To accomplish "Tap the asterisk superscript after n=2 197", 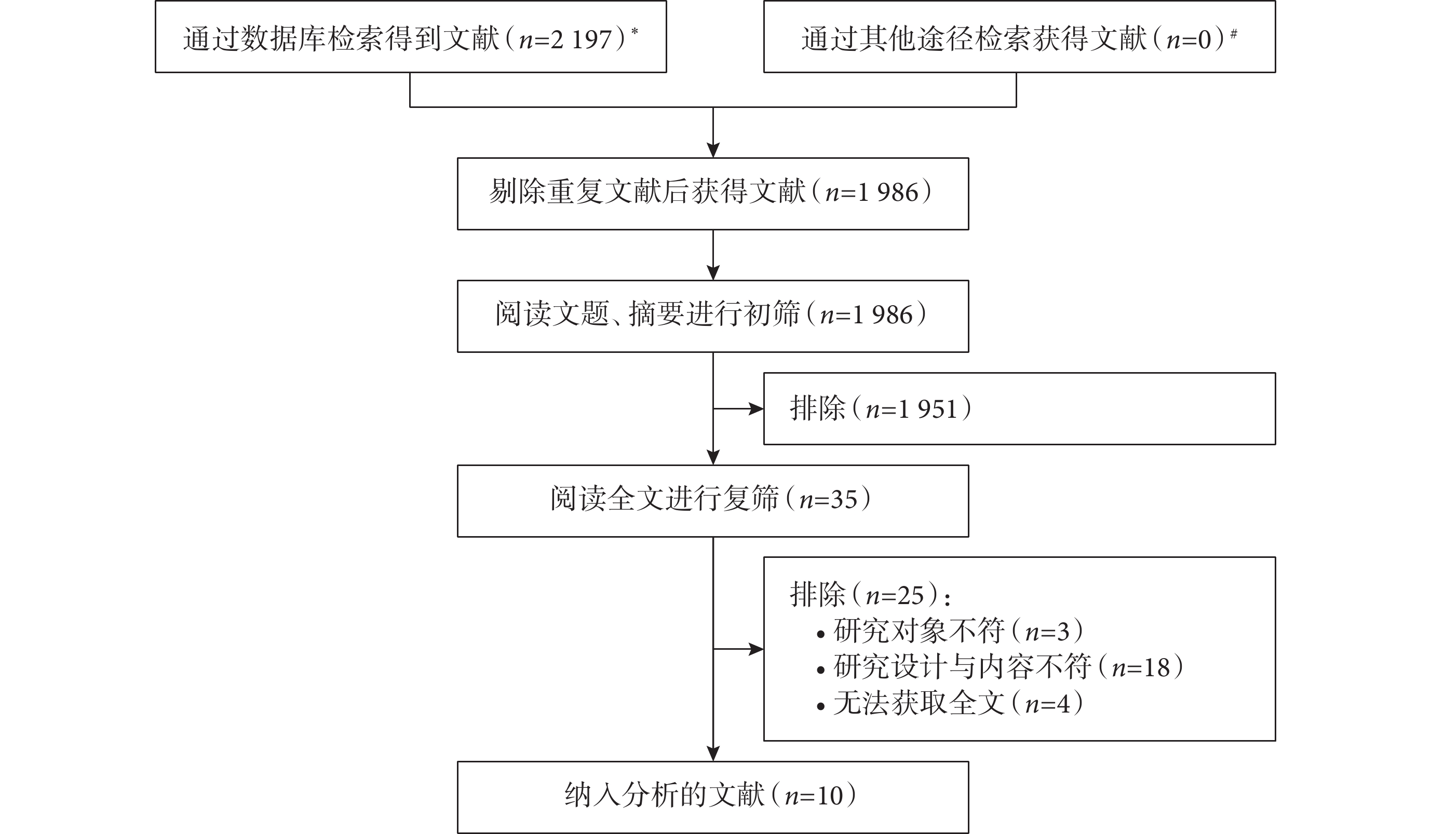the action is (634, 31).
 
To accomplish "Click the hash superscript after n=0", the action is (1233, 34).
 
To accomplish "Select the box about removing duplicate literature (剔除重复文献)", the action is (713, 194).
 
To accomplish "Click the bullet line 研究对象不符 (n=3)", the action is (950, 631).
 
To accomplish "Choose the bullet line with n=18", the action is (1000, 667).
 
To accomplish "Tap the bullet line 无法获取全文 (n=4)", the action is (950, 703).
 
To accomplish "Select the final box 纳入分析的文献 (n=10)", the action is (713, 797).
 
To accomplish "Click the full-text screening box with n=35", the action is (713, 501).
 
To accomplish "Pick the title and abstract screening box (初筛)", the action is (713, 316).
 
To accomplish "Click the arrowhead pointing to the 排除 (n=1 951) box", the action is (757, 409).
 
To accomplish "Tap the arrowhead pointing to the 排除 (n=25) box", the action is (757, 649).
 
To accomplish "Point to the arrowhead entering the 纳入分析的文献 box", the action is (713, 754).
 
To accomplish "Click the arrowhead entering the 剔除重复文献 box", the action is (713, 150).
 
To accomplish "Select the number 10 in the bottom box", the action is (830, 797).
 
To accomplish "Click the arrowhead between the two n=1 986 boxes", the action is (713, 272).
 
